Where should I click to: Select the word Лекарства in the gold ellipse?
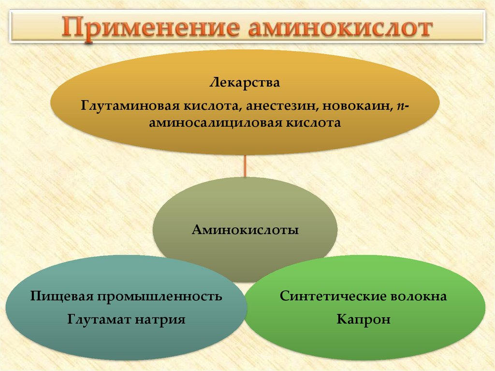245,83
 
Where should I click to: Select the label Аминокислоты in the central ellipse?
245,229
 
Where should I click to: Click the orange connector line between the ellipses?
245,166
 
